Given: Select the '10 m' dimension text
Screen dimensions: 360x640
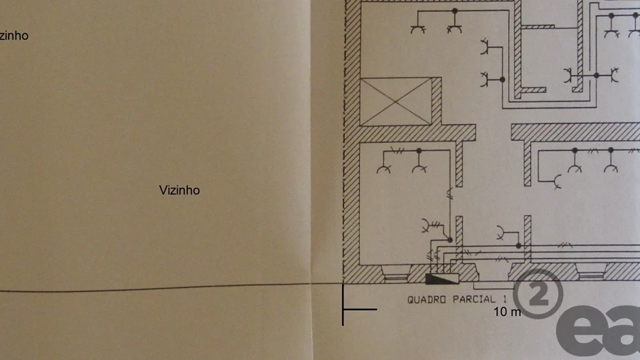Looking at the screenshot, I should coord(507,312).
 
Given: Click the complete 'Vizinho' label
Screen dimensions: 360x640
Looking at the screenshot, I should coord(179,190).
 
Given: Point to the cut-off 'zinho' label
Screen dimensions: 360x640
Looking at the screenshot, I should coord(14,35).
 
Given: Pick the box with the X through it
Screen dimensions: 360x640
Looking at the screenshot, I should coord(396,101).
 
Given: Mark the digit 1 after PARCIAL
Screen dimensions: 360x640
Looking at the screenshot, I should coord(503,300).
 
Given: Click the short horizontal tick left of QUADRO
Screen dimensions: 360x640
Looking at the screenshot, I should coord(361,309).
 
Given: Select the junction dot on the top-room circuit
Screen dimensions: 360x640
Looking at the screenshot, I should coord(455,11).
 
